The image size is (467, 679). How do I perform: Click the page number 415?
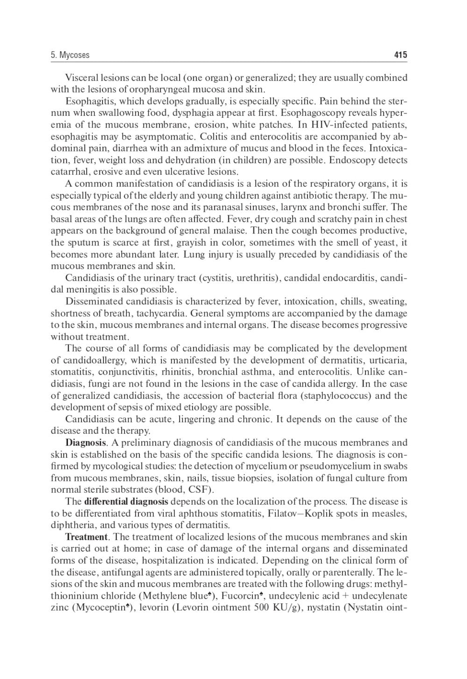(400, 55)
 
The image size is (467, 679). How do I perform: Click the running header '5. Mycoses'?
(70, 55)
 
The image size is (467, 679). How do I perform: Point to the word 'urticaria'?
(388, 360)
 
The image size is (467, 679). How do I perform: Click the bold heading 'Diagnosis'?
(85, 443)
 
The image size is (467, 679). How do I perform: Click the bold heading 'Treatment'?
(86, 537)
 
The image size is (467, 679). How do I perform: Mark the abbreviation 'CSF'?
(202, 490)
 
